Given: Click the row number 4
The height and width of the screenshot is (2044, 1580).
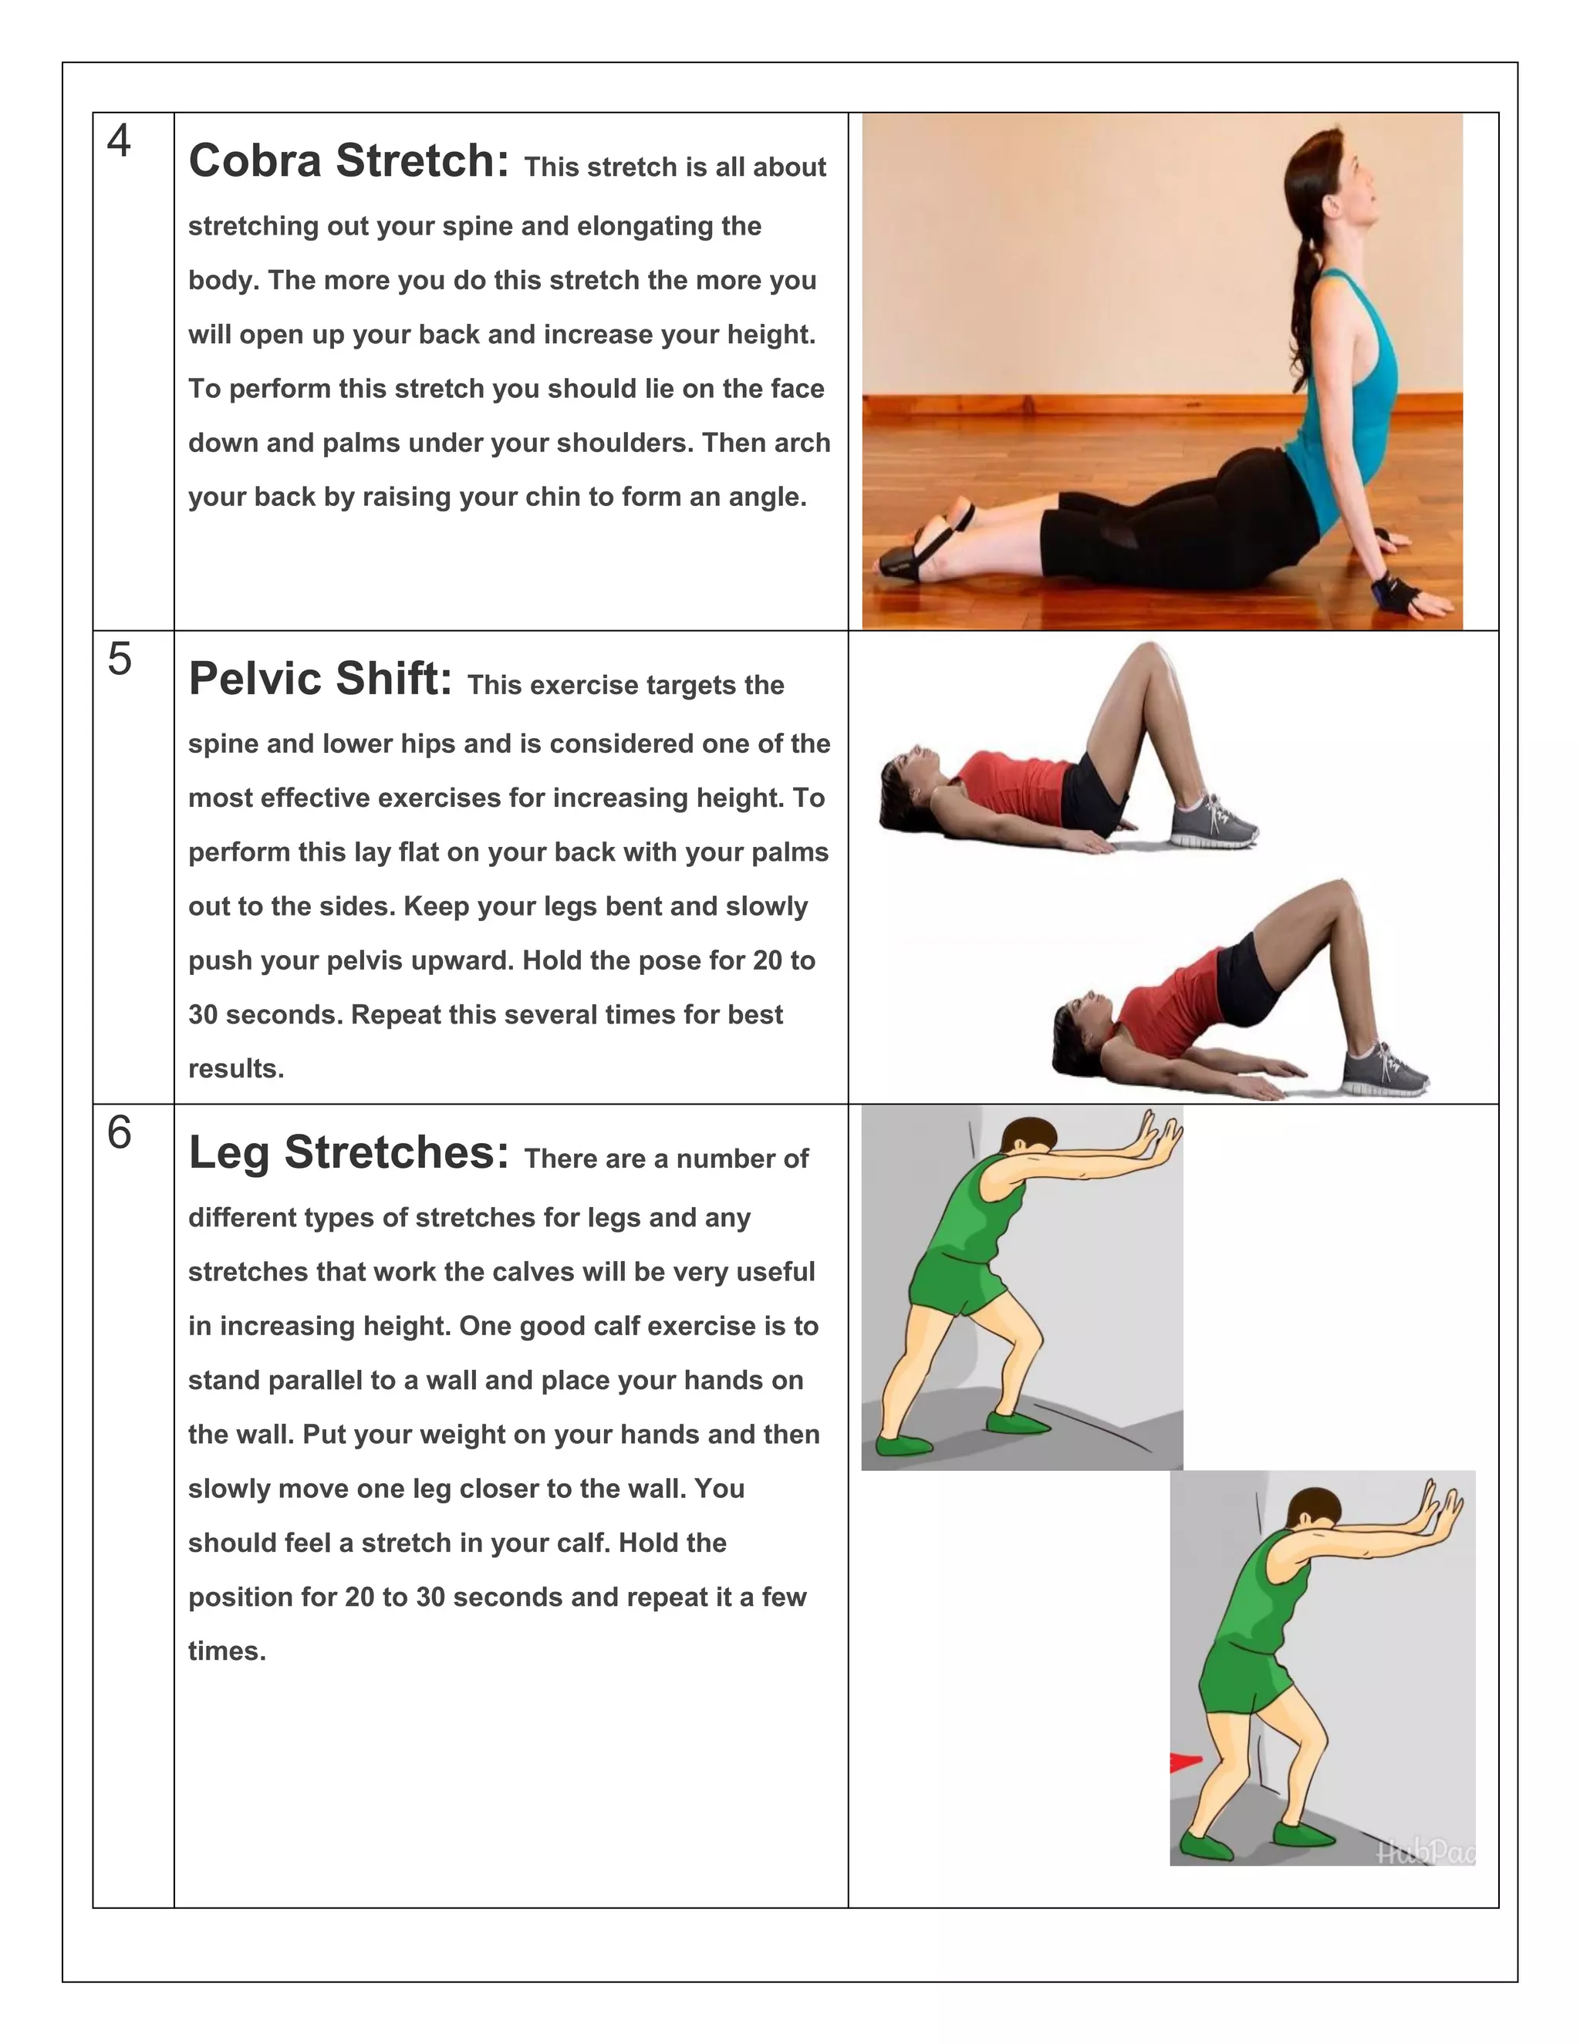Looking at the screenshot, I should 119,141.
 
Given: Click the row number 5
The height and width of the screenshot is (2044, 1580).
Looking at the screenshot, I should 119,659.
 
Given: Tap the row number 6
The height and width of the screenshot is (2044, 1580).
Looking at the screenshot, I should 119,1133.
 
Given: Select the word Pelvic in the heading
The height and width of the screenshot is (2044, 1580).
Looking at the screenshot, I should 255,679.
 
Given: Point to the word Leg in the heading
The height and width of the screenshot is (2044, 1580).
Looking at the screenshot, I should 228,1153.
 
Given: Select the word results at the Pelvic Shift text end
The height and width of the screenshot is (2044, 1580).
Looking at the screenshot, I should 235,1069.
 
